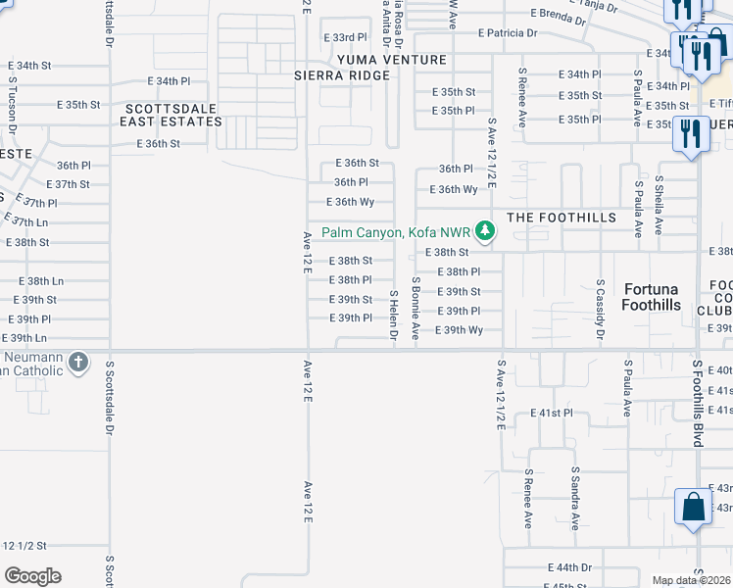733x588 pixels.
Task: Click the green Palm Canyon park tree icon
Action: click(x=484, y=232)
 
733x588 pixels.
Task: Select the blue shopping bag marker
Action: click(x=693, y=508)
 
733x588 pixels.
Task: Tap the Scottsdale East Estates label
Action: click(x=171, y=114)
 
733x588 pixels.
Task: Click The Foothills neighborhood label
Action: click(x=562, y=217)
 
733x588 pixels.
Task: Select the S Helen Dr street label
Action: click(x=394, y=315)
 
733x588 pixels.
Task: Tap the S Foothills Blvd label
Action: click(x=698, y=403)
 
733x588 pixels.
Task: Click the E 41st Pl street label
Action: click(x=552, y=414)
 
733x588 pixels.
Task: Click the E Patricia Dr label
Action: click(x=508, y=32)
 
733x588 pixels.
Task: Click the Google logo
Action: click(x=32, y=576)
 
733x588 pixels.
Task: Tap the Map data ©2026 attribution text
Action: click(x=691, y=580)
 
